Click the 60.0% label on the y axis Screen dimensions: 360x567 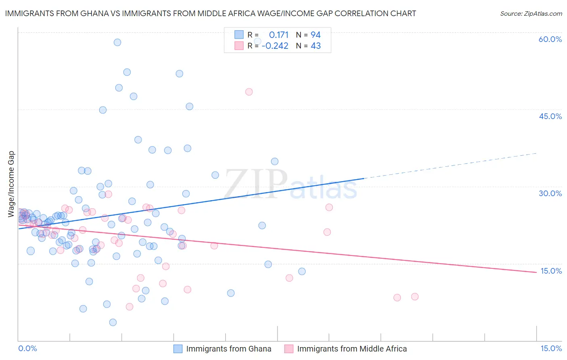(550, 39)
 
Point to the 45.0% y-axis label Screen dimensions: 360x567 (550, 116)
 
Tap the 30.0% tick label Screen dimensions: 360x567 (550, 193)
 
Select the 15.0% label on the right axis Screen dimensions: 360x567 (551, 271)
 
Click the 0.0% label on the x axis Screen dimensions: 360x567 (27, 348)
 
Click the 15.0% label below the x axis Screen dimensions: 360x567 (551, 348)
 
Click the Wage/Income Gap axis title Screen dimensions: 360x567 (11, 184)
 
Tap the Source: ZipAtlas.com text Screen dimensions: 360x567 (531, 13)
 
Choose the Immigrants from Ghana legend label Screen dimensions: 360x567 (229, 349)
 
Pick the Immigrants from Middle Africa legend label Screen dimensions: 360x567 (352, 349)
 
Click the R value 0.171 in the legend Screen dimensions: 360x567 (279, 35)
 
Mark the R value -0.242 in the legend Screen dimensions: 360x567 (275, 46)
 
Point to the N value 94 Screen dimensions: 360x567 (315, 35)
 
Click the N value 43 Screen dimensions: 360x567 (315, 46)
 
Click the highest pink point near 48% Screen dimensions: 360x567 (249, 92)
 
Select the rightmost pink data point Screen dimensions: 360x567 (415, 297)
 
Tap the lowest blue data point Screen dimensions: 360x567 (113, 322)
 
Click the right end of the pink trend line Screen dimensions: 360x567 (536, 272)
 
